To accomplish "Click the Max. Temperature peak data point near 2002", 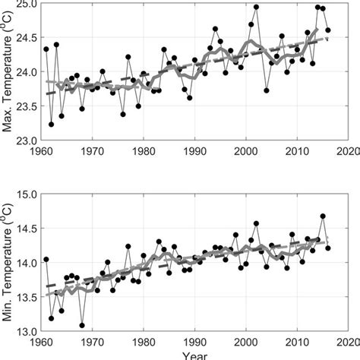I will tap(256, 8).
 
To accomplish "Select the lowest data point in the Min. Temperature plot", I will tap(82, 325).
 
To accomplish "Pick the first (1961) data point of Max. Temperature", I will tap(46, 49).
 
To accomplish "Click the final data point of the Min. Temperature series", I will tap(328, 248).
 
